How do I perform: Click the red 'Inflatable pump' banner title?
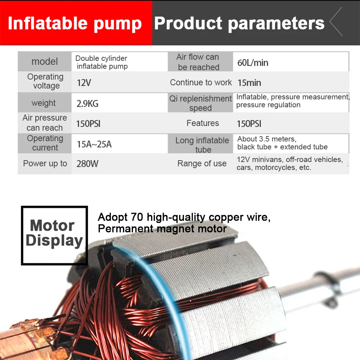(x=75, y=23)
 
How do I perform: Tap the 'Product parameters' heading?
(x=239, y=23)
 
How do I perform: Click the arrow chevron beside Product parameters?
(x=336, y=22)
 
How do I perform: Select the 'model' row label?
(x=45, y=62)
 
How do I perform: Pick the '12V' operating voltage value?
(x=84, y=83)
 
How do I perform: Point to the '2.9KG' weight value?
(x=87, y=104)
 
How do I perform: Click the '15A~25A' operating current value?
(x=94, y=144)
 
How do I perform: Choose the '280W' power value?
(x=87, y=164)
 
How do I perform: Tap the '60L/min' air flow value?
(x=253, y=63)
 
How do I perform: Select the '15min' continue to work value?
(x=249, y=83)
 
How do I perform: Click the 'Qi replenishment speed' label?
(x=201, y=103)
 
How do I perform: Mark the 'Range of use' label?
(x=202, y=164)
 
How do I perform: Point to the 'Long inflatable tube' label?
(x=202, y=145)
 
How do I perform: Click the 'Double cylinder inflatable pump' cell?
(x=102, y=62)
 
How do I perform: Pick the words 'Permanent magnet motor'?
(x=162, y=229)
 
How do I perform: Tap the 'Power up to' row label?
(x=45, y=164)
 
